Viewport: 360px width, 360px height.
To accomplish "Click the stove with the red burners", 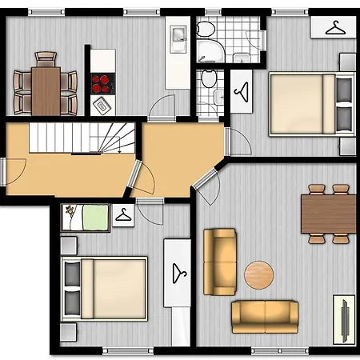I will pos(102,82).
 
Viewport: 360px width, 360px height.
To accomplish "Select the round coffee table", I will pos(259,274).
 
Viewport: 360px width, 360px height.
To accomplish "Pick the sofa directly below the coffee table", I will pos(265,315).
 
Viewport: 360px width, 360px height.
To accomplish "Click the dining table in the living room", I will pos(328,214).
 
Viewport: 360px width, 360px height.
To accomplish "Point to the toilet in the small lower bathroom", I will pos(209,80).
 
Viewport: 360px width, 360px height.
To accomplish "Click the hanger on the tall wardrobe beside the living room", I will pos(178,272).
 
